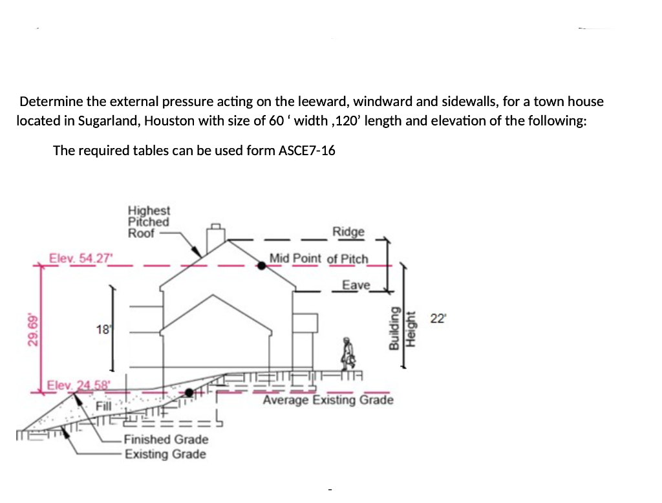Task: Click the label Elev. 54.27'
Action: click(x=81, y=257)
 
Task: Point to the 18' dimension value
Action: click(x=102, y=330)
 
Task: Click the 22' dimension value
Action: click(x=438, y=318)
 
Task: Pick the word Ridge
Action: click(x=348, y=231)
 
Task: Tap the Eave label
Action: click(x=356, y=285)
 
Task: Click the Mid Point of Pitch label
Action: click(x=319, y=259)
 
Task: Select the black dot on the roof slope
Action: click(x=261, y=265)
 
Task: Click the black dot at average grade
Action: click(x=189, y=392)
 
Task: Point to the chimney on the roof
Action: click(x=215, y=241)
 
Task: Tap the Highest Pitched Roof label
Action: click(x=149, y=222)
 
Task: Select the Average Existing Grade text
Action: click(x=328, y=400)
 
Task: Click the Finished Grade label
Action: click(x=166, y=440)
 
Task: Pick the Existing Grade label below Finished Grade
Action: click(x=165, y=454)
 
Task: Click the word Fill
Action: click(x=104, y=405)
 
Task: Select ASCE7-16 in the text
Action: click(x=306, y=151)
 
